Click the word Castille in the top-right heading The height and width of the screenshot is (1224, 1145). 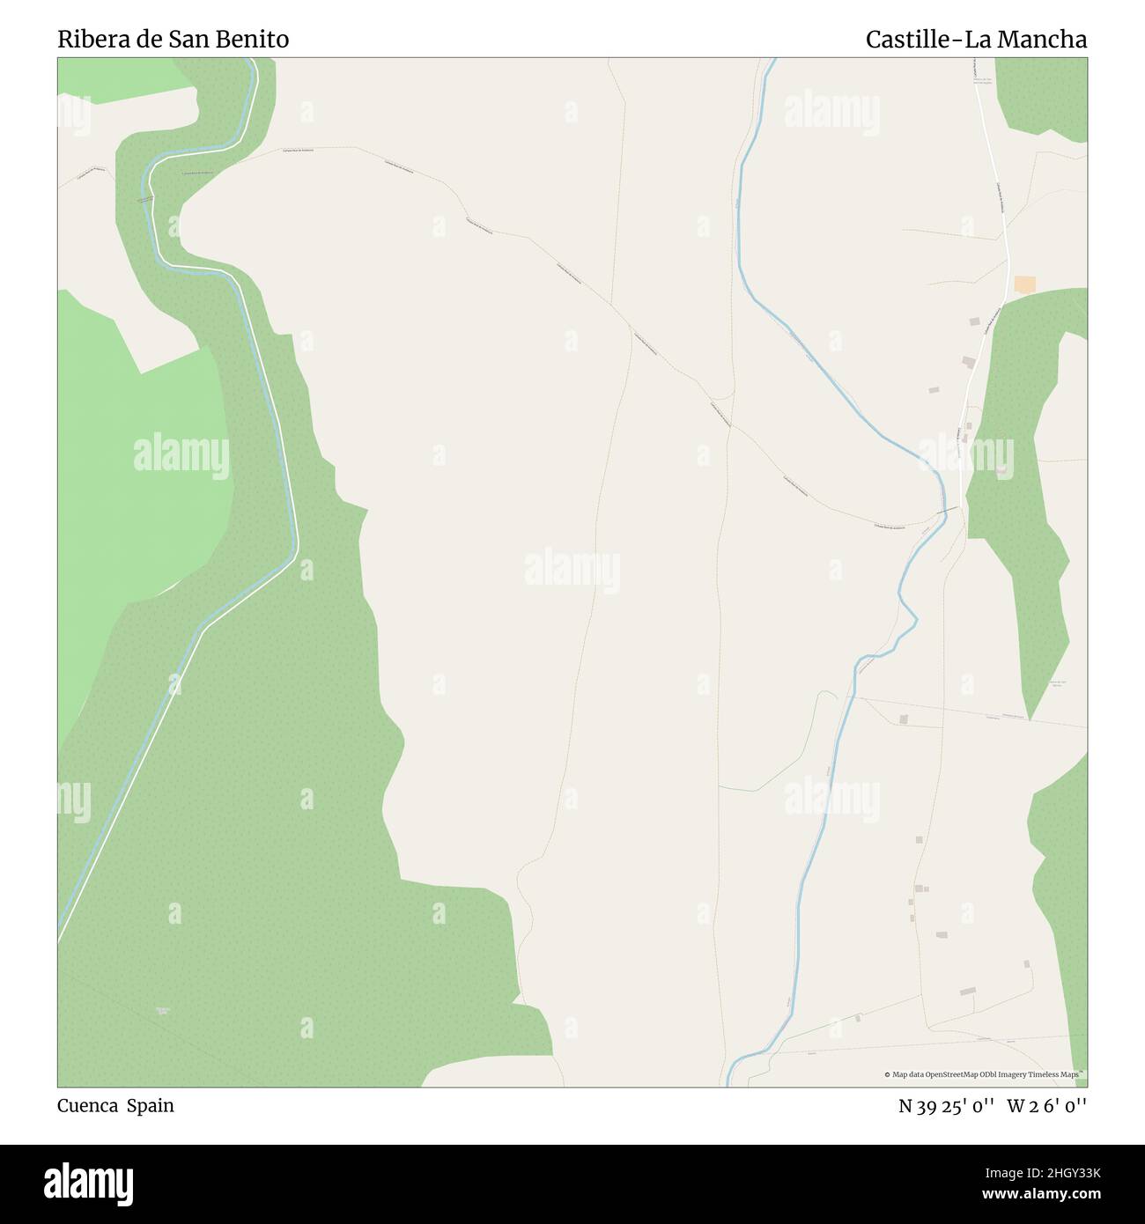(908, 40)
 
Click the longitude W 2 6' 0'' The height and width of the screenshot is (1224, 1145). (1047, 1106)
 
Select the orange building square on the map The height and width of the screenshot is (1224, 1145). (1024, 284)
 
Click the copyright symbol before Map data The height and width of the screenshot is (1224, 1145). (888, 1074)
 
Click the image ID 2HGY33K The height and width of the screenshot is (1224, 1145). (1065, 1171)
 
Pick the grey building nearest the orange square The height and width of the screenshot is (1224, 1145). (975, 322)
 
